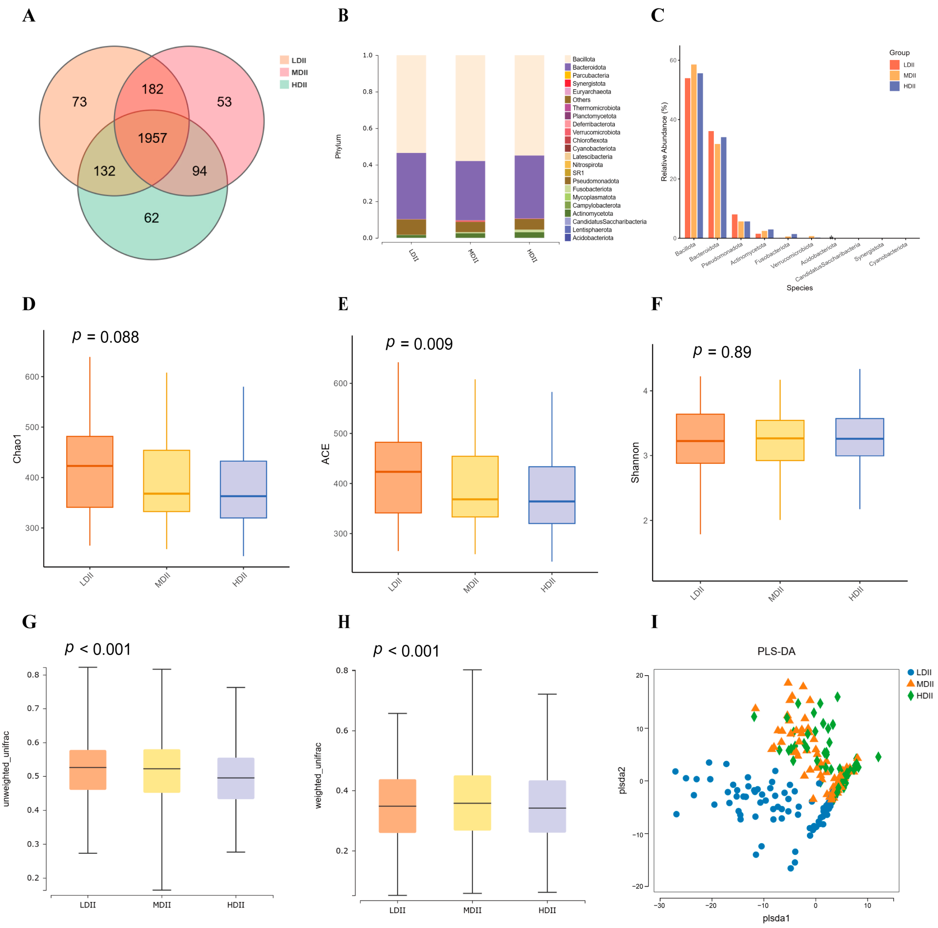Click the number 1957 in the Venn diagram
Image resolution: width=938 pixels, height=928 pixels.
(152, 139)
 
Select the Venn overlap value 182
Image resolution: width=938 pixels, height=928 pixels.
(152, 89)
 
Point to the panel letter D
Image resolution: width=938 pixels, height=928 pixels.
(29, 304)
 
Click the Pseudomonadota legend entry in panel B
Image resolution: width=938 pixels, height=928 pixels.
(595, 181)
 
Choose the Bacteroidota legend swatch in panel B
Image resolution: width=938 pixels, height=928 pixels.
(568, 67)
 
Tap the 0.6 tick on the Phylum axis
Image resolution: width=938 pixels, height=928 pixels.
(367, 128)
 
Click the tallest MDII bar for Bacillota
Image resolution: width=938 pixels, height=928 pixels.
(694, 150)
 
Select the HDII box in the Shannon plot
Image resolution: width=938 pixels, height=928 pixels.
(859, 437)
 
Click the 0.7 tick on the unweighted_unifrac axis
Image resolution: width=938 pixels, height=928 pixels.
(33, 708)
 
